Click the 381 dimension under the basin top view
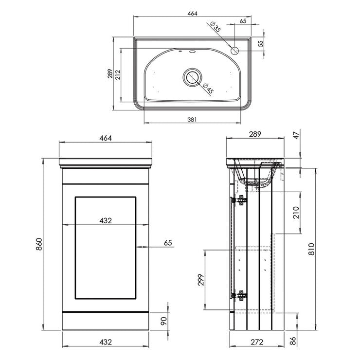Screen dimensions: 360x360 tap(192, 119)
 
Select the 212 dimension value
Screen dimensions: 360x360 tap(118, 74)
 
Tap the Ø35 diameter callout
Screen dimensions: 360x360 tap(216, 27)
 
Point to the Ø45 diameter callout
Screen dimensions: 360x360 tap(209, 88)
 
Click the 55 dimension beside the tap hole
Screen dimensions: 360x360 tap(261, 43)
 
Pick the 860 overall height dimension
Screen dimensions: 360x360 tap(39, 244)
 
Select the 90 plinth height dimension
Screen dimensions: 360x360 tap(163, 321)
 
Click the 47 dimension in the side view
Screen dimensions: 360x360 tap(296, 135)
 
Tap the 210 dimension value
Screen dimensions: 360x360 tap(296, 213)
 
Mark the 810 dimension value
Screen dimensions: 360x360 tap(311, 249)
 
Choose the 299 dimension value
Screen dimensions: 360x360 tap(201, 280)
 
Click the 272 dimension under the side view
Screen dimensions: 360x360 tap(257, 342)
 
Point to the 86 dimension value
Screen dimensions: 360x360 tap(293, 342)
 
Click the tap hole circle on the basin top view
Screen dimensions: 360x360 tap(235, 51)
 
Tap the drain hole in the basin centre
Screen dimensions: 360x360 tap(192, 77)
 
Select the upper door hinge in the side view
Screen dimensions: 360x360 tap(240, 200)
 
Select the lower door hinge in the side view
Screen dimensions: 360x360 tap(240, 295)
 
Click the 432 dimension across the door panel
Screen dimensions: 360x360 tap(106, 220)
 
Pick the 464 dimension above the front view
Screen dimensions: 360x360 tap(106, 138)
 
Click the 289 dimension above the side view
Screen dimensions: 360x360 tap(255, 134)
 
